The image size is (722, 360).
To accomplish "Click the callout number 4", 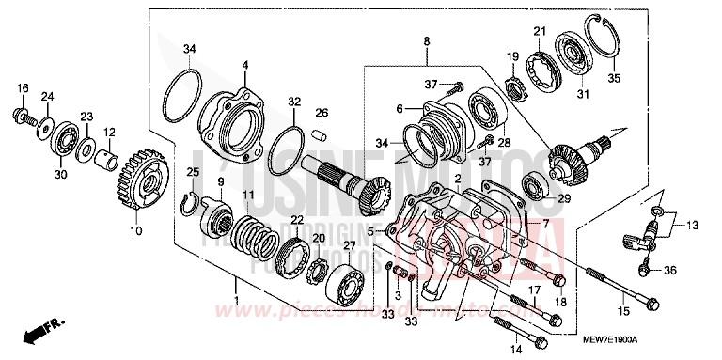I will pyautogui.click(x=243, y=65).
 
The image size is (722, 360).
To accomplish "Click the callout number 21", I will pyautogui.click(x=539, y=32).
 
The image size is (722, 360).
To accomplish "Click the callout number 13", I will pyautogui.click(x=694, y=226).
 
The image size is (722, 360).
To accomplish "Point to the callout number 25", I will pyautogui.click(x=193, y=171).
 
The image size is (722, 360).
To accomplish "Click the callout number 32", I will pyautogui.click(x=293, y=101).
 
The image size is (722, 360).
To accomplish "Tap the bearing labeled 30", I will pyautogui.click(x=64, y=136).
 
